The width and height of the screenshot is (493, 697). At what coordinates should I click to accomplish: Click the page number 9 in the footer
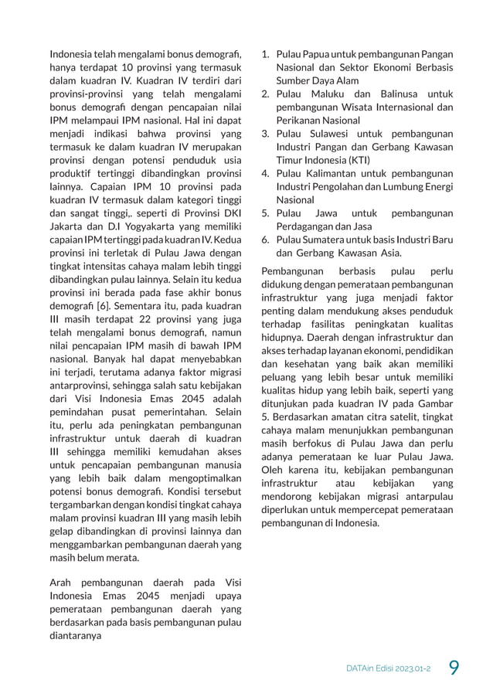[x=454, y=665]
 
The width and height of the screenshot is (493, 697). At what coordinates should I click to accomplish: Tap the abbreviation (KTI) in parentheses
[x=358, y=160]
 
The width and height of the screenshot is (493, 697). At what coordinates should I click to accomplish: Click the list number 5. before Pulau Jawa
[x=264, y=213]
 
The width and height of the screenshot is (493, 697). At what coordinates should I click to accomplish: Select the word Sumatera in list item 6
[x=328, y=240]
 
